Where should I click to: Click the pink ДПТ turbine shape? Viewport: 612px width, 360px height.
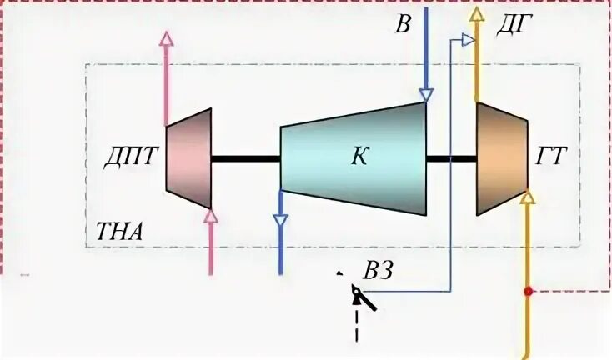[x=189, y=158]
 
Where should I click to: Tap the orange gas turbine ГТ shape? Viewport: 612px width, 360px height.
[x=501, y=157]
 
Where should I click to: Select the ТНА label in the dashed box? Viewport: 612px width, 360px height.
[x=119, y=231]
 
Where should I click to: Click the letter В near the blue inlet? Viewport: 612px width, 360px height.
[x=403, y=25]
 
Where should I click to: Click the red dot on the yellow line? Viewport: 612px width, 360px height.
[x=527, y=292]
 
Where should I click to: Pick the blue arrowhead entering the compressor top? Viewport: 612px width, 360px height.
[x=425, y=95]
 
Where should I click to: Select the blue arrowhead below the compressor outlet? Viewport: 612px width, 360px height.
[x=280, y=221]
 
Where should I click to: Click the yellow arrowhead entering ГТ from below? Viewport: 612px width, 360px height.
[x=527, y=197]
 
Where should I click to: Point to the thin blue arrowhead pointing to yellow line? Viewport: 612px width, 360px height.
[x=469, y=39]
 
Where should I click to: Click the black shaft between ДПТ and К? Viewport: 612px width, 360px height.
[x=245, y=157]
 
